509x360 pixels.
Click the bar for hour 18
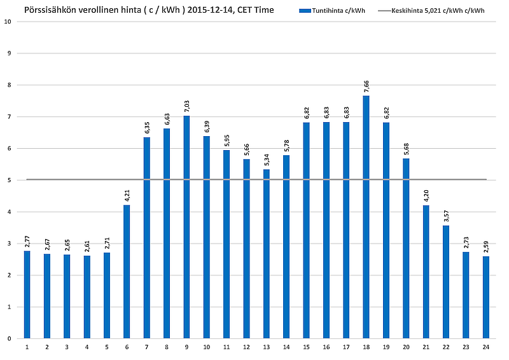pyautogui.click(x=366, y=216)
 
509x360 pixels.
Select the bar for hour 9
pyautogui.click(x=186, y=226)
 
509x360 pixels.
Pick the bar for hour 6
pyautogui.click(x=127, y=271)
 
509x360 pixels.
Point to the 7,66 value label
pyautogui.click(x=366, y=86)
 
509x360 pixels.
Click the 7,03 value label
pyautogui.click(x=186, y=106)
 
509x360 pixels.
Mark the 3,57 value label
pyautogui.click(x=446, y=216)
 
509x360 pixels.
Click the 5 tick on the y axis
pyautogui.click(x=9, y=180)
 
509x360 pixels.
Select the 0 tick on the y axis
pyautogui.click(x=9, y=338)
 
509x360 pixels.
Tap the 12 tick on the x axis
pyautogui.click(x=246, y=347)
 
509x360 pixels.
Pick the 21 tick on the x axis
pyautogui.click(x=426, y=347)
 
